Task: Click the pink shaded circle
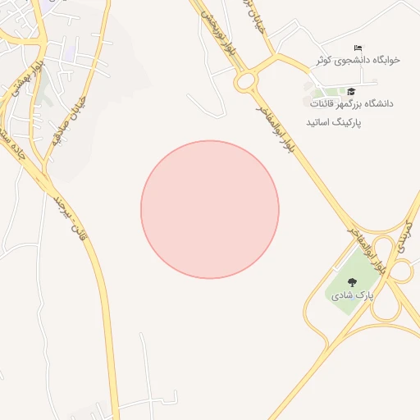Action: [x=210, y=209]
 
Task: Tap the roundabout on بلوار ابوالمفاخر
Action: [x=245, y=81]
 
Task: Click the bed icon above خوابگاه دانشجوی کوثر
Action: [x=357, y=48]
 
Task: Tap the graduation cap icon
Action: [x=351, y=91]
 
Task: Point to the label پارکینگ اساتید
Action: [x=334, y=121]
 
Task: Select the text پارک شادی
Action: [x=352, y=295]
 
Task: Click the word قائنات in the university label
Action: [x=324, y=104]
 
